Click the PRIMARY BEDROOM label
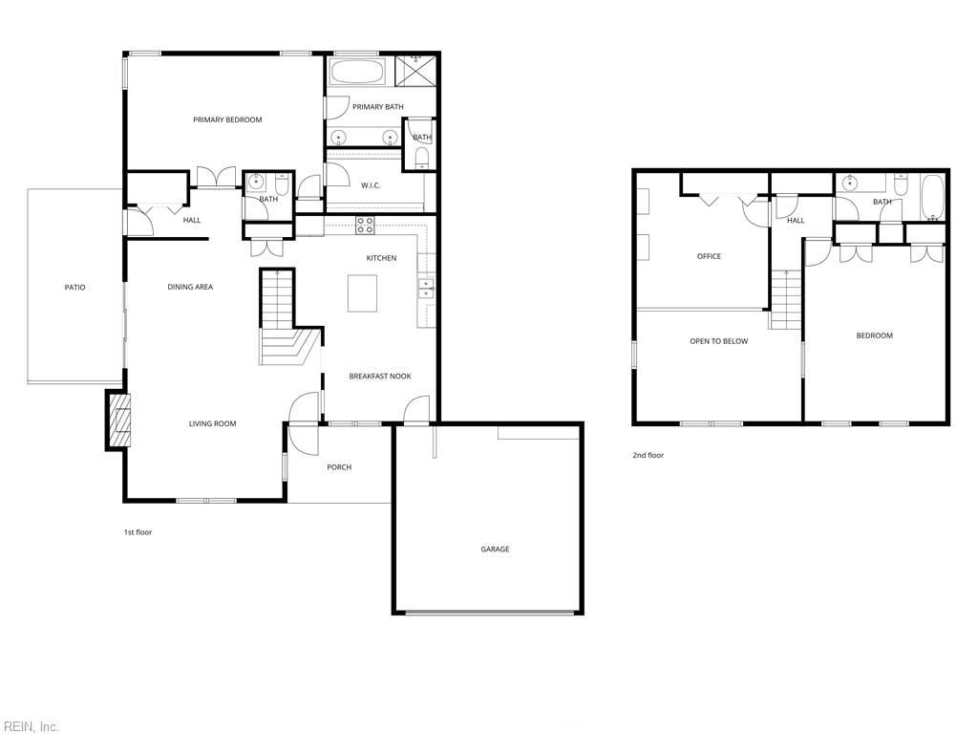[x=227, y=120]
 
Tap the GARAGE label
[x=495, y=550]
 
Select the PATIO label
[x=74, y=288]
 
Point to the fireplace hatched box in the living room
[x=118, y=419]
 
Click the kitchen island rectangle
[x=362, y=292]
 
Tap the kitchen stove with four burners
[x=365, y=226]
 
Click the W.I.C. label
[x=371, y=185]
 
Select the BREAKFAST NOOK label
[x=380, y=377]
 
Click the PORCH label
[x=339, y=467]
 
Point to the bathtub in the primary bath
[x=358, y=74]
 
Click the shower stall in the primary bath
[x=415, y=71]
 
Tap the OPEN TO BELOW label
[x=719, y=341]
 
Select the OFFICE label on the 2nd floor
[x=709, y=256]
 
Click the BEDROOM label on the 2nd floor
[x=874, y=335]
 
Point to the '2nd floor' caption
[x=648, y=456]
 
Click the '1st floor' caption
[x=138, y=532]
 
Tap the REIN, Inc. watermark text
[x=31, y=727]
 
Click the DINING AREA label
[x=190, y=287]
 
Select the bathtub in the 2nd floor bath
[x=932, y=196]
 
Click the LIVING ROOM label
[x=212, y=423]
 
